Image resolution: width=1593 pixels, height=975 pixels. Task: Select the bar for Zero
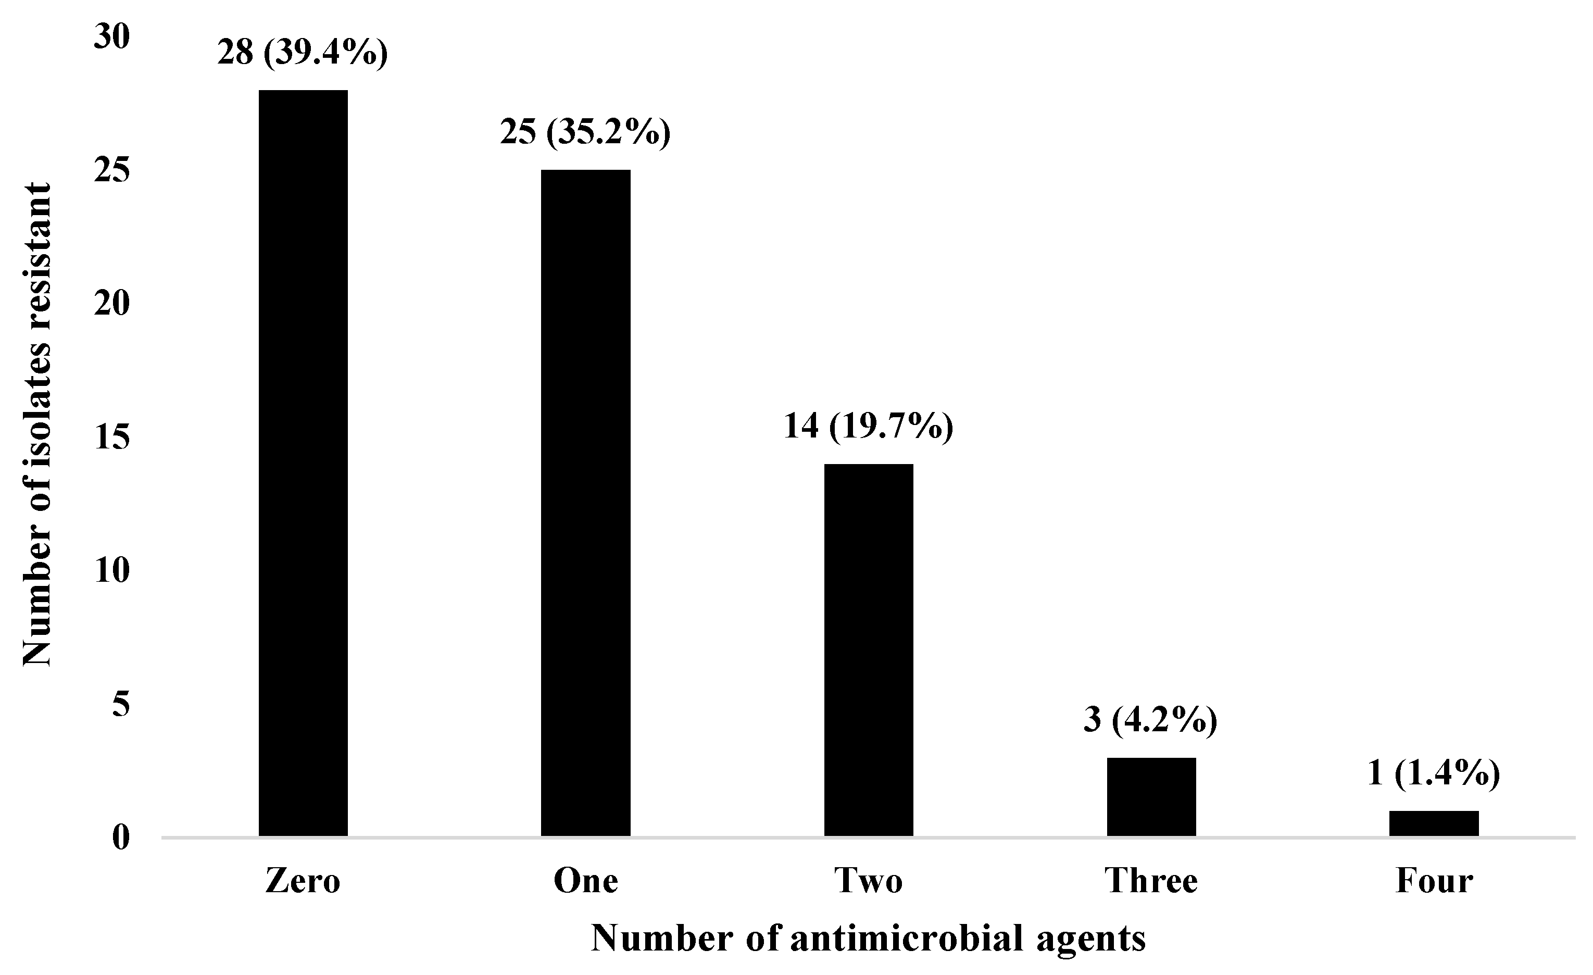tap(303, 463)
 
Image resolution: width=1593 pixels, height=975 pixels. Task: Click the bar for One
tap(585, 503)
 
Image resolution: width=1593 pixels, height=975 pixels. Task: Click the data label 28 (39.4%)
tap(303, 53)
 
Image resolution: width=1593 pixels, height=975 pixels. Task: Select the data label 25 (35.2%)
tap(585, 132)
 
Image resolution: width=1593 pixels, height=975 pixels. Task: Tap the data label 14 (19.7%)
tap(868, 427)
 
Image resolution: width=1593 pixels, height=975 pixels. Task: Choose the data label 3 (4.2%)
tap(1151, 720)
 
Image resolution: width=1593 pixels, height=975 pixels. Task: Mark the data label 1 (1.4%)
tap(1433, 773)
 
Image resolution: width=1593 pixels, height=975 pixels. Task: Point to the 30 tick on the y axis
tap(112, 37)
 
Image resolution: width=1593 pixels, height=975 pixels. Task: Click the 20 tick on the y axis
tap(112, 304)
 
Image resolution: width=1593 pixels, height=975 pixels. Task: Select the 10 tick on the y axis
tap(112, 571)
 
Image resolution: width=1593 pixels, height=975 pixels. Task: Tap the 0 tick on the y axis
tap(121, 838)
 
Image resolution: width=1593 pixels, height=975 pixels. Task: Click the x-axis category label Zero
tap(303, 881)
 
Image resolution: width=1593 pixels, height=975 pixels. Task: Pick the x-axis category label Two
tap(868, 881)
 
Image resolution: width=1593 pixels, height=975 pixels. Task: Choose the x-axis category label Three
tap(1151, 881)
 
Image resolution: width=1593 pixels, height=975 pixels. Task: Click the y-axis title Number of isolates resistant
tap(36, 424)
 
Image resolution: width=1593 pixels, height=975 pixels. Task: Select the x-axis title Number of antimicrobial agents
tap(868, 938)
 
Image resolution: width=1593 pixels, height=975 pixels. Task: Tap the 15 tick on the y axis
tap(112, 438)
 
